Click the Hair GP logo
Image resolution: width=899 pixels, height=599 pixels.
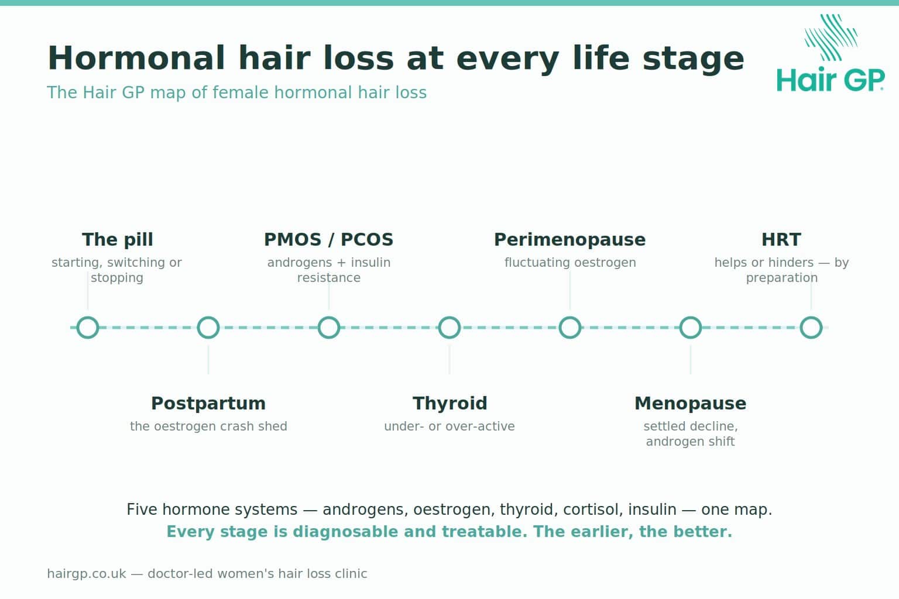coord(831,53)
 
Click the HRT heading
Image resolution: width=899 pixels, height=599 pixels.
coord(781,239)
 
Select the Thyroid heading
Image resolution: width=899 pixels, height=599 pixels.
coord(449,403)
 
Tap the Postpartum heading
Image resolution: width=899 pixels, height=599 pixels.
coord(208,403)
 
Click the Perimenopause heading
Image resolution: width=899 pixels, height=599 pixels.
coord(570,240)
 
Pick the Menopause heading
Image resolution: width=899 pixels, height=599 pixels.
coord(691,403)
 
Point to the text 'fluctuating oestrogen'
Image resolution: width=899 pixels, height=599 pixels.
coord(570,263)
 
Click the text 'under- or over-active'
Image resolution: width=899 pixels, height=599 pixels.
coord(449,426)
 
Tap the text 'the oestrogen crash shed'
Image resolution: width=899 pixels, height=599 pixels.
coord(208,426)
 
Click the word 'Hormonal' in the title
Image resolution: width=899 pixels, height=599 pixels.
coord(136,58)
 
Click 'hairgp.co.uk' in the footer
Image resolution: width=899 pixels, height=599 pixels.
coord(86,574)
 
